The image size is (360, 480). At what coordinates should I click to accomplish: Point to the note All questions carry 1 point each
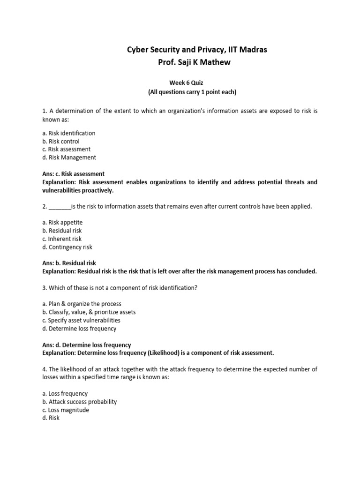coord(192,92)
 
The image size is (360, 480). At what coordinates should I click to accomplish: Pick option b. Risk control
coord(61,141)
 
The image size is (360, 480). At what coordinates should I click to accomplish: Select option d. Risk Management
coord(69,157)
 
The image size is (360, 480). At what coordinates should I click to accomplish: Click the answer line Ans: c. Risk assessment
coord(73,174)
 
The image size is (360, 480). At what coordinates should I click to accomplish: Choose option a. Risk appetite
coord(62,222)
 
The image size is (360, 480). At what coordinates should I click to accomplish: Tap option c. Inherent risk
coord(62,239)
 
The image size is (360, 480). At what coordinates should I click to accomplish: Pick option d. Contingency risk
coord(67,247)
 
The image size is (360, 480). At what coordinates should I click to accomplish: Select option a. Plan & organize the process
coord(82,304)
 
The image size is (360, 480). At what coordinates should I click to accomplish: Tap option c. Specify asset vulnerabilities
coord(81,320)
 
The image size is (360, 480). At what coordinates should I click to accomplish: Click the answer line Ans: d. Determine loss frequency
coord(86,345)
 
